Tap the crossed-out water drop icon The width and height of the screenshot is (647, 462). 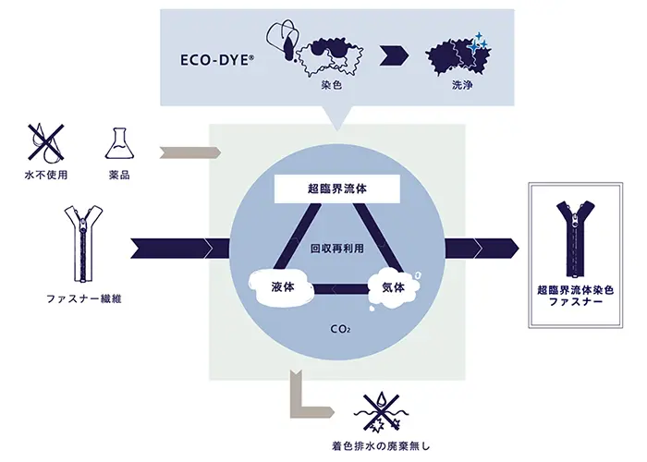point(43,141)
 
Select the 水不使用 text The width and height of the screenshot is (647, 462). point(43,174)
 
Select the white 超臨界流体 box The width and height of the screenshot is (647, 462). point(339,189)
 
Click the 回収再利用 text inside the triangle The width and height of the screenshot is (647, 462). point(340,249)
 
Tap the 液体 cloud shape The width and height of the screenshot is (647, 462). point(283,286)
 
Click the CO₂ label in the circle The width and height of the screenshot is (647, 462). point(340,328)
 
